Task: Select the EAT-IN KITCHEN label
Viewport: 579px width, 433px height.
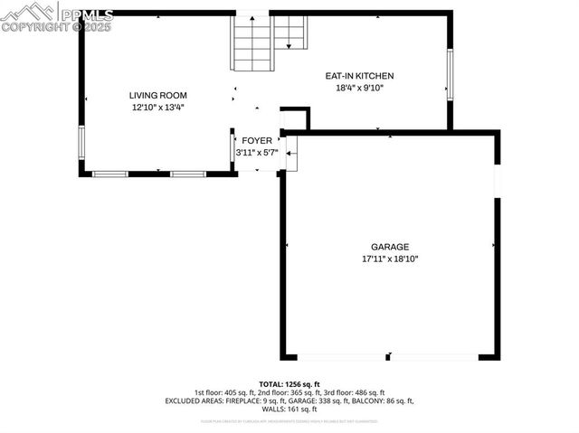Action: [359, 76]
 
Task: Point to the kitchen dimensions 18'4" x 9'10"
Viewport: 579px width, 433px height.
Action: [359, 88]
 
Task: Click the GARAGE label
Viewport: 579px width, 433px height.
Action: [390, 247]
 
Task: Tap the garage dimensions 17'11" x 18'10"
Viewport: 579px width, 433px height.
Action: [390, 259]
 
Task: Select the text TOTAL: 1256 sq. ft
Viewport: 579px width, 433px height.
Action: [289, 384]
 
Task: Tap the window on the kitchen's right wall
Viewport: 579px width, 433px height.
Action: [449, 72]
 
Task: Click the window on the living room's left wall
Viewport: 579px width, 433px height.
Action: [81, 143]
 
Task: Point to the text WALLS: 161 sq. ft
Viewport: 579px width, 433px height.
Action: [289, 409]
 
